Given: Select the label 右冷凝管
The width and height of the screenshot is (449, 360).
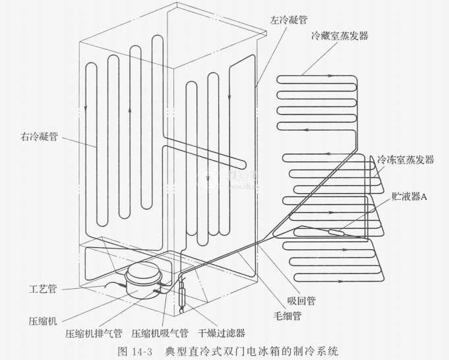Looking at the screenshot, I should coord(39,138).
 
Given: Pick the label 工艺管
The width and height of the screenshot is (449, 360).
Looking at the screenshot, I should coord(43,289).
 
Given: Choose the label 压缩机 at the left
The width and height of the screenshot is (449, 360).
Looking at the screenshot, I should coord(43,321).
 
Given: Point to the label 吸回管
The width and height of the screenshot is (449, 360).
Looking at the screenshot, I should coord(301,301).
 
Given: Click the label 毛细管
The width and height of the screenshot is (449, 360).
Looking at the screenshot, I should coord(287,316).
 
